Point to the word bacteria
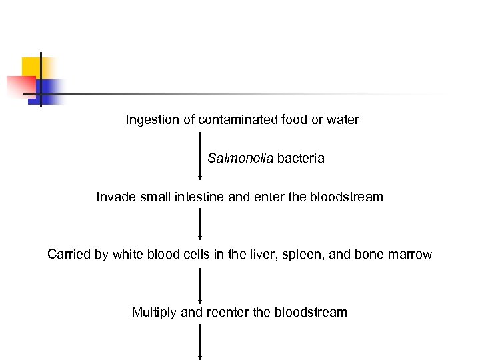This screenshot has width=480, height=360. pos(301,159)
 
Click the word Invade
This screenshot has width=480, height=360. pos(115,197)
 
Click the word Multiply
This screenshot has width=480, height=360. pos(154,313)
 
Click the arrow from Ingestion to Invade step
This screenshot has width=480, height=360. pos(200,156)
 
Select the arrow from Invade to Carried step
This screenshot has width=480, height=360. pos(200,223)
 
